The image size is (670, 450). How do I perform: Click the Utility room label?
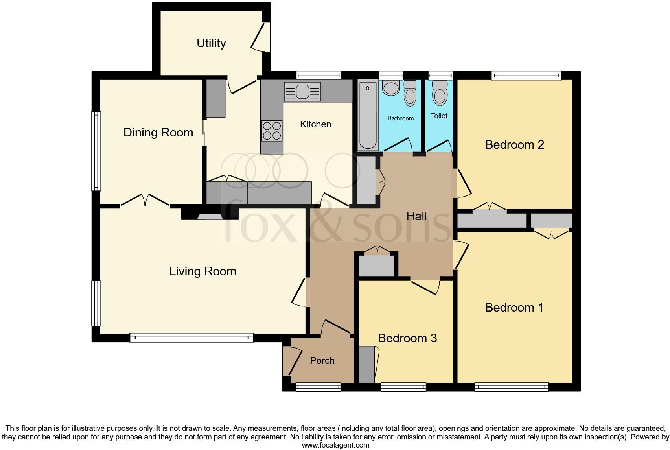click(x=211, y=43)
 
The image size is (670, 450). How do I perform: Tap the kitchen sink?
click(x=302, y=92)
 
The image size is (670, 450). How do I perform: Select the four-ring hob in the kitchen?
click(x=272, y=131)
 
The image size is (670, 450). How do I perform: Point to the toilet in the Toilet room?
click(x=439, y=93)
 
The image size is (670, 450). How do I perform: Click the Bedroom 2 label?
click(x=514, y=144)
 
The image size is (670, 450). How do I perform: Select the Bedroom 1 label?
click(x=514, y=307)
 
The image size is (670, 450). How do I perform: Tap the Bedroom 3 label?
click(x=407, y=338)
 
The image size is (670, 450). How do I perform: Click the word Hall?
click(x=416, y=216)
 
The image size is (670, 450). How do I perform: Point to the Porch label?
click(x=322, y=360)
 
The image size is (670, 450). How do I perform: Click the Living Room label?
click(x=202, y=271)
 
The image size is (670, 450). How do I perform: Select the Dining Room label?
click(x=158, y=132)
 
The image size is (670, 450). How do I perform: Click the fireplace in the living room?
click(x=210, y=215)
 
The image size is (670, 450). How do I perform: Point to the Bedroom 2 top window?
click(x=526, y=75)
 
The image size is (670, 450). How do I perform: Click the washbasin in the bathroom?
click(x=391, y=88)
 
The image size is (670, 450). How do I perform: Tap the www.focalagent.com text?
click(x=335, y=445)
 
